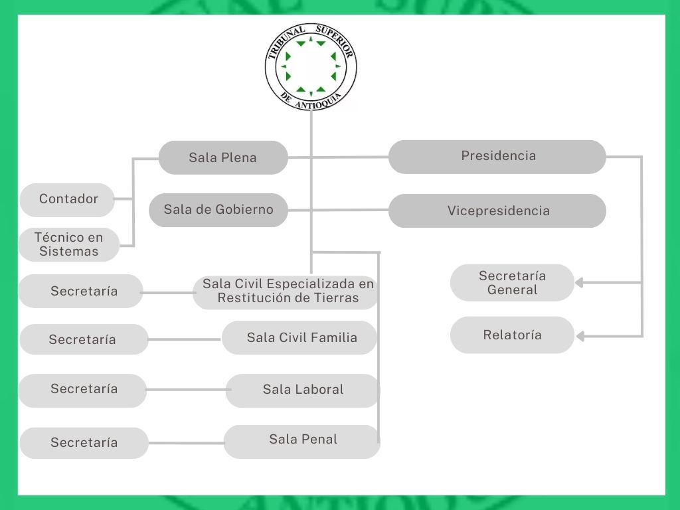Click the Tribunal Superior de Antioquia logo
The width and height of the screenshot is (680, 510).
pos(311,66)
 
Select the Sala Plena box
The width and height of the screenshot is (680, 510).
pos(223,157)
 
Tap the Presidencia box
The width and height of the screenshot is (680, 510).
pos(497,157)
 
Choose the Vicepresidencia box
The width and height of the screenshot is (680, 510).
pos(497,211)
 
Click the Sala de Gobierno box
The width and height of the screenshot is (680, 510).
pos(218,210)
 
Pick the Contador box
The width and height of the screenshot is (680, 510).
pos(68,199)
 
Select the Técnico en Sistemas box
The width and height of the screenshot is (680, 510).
pos(68,244)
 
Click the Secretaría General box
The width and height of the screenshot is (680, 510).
pos(512,283)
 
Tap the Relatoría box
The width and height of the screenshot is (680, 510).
pos(512,335)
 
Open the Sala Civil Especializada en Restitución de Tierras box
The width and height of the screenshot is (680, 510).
pos(287,292)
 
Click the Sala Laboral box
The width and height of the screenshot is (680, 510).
pos(303,390)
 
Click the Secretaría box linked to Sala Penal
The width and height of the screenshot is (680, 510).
pos(84,443)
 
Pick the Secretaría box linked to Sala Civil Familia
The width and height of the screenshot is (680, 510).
pos(83,339)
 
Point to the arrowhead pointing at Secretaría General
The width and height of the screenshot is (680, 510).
pos(579,283)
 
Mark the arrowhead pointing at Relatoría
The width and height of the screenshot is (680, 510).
pos(579,337)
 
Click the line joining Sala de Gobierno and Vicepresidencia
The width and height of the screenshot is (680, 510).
pos(339,211)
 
